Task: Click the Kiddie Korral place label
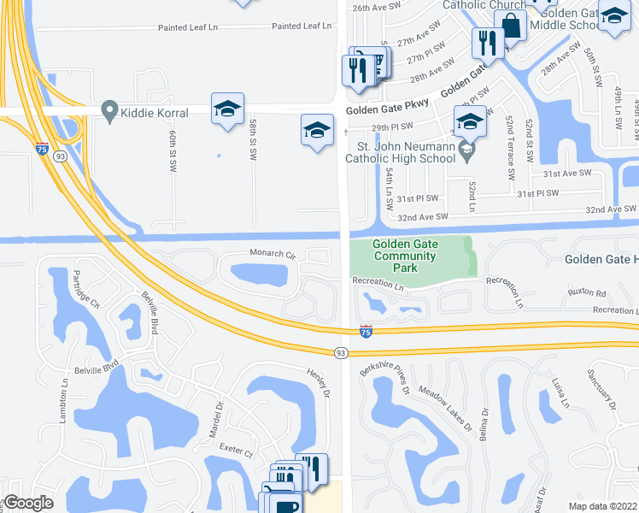[150, 111]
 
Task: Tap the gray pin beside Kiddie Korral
[108, 111]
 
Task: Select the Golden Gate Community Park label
[404, 256]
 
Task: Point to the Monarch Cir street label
[272, 254]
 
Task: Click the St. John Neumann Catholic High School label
[400, 152]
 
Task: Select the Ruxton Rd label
[587, 292]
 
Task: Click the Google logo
[28, 503]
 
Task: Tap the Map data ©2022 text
[602, 505]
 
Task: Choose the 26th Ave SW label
[377, 7]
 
